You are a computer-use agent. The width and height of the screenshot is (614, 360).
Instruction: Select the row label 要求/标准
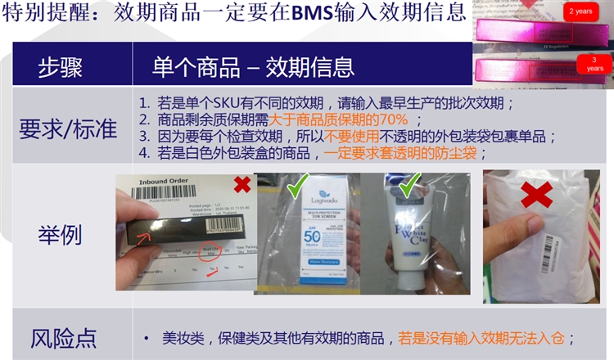point(68,128)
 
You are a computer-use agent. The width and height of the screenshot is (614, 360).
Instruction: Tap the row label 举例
point(60,236)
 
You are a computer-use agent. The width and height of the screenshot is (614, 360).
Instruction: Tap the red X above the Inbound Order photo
point(242,184)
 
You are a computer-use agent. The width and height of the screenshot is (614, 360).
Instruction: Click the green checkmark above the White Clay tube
point(409,181)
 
